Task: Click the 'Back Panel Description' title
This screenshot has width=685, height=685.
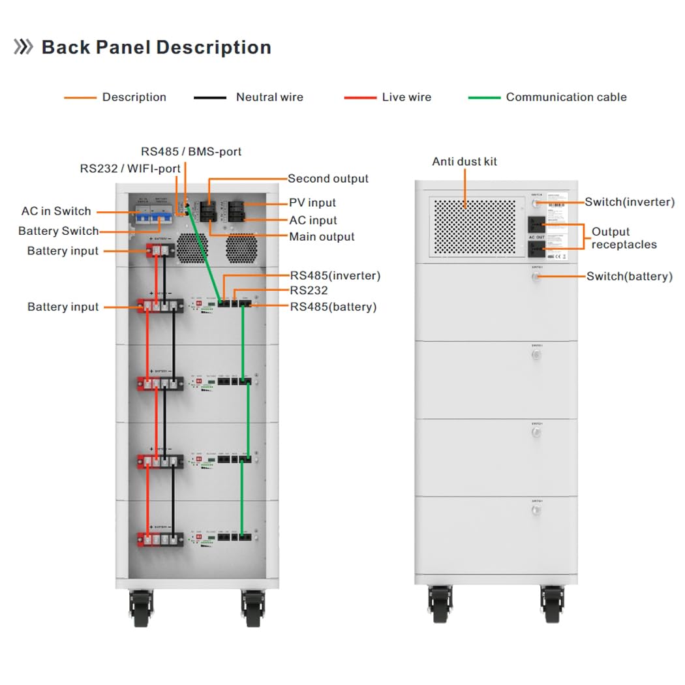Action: [156, 48]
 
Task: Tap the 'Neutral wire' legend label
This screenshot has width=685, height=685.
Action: [269, 97]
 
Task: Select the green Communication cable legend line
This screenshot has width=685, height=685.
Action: [484, 98]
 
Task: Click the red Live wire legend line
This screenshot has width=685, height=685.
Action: [360, 98]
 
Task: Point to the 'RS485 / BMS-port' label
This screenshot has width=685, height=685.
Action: [191, 151]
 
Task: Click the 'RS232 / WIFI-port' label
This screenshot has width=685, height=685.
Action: [130, 168]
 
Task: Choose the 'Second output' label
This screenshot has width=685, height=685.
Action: [328, 179]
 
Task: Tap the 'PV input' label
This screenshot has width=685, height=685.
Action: [312, 203]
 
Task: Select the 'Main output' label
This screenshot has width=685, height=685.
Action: [322, 237]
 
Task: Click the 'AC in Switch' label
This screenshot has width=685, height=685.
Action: [56, 211]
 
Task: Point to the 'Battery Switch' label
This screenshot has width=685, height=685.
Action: [59, 231]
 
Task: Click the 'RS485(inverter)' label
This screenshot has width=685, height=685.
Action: [335, 276]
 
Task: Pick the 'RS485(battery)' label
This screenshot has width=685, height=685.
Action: [333, 307]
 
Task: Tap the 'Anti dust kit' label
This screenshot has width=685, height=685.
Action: [464, 161]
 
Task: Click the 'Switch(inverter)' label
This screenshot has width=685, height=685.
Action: [630, 202]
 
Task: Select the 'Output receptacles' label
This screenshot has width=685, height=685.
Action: [624, 238]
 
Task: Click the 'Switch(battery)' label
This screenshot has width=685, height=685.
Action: [630, 277]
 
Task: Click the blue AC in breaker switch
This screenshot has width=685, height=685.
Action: [144, 214]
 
